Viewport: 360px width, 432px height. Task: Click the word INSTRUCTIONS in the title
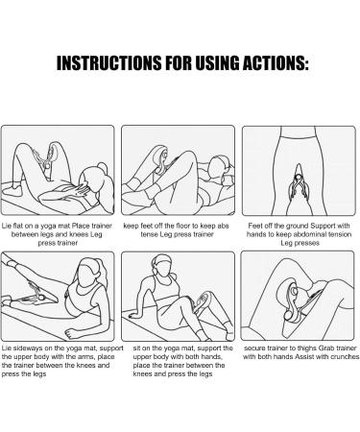point(108,62)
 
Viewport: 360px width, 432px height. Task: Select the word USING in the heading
point(217,62)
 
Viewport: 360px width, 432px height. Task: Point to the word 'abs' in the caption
point(223,226)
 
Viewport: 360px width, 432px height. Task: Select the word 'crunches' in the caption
point(345,357)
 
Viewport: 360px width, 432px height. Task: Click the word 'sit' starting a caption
point(136,348)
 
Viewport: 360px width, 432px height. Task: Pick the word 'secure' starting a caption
point(254,348)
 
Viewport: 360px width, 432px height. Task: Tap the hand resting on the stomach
point(80,189)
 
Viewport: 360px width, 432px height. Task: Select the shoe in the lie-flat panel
point(12,189)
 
